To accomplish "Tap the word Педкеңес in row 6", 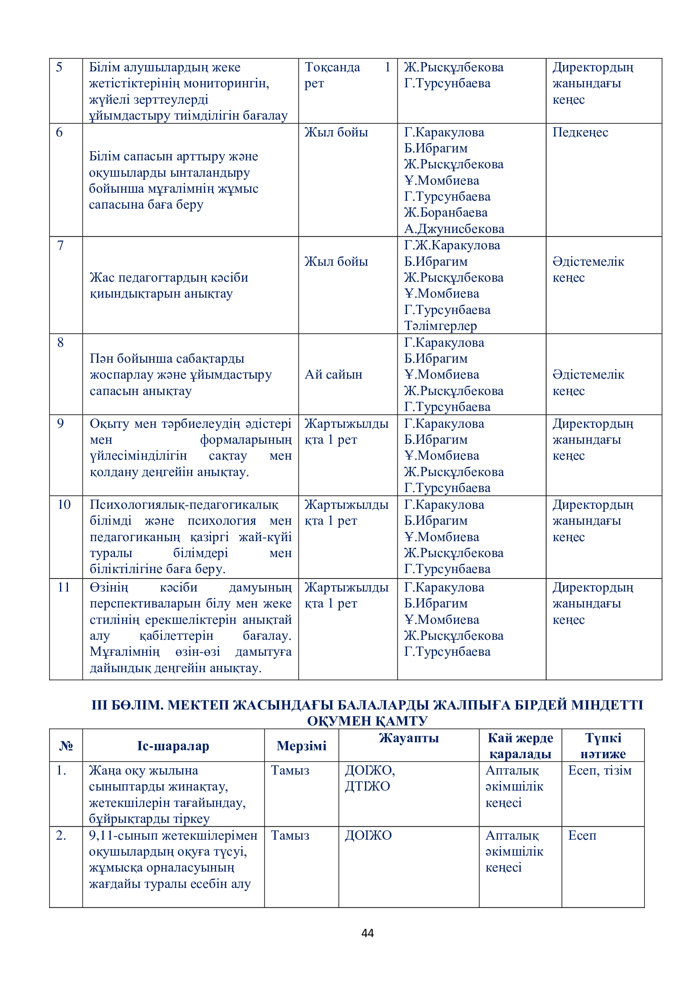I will pos(580,132).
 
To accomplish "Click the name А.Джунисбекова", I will pos(454,229).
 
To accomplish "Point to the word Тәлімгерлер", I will pos(440,326).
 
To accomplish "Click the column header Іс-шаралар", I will pos(173,746).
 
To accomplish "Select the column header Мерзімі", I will pos(301,746).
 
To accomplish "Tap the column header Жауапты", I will pos(409,738).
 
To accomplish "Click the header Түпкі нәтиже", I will pos(603,746).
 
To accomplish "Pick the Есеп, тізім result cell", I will pos(600,770).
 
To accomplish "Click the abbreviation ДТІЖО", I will pos(367,786).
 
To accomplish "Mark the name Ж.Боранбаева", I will pos(446,212).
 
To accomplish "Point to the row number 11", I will pos(64,587).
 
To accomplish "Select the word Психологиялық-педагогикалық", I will pos(184,505).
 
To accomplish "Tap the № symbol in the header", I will pos(66,746).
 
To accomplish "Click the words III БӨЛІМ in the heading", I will pos(128,705).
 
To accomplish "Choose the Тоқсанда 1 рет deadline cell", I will pos(347,75).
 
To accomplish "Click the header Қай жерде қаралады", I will pos(520,746).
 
